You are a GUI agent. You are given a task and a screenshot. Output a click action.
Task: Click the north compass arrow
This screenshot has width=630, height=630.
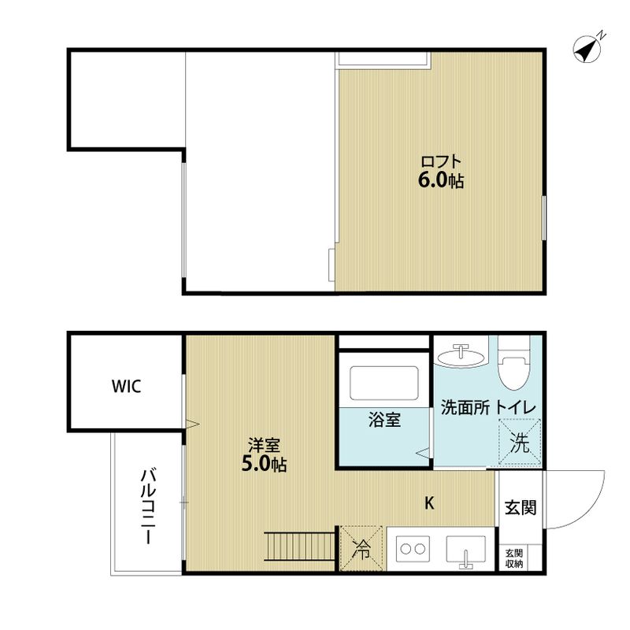tap(587, 49)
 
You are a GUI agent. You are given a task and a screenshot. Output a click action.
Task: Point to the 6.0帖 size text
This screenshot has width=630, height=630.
tap(440, 181)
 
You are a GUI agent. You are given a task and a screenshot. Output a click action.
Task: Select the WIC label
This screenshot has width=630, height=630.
tap(126, 387)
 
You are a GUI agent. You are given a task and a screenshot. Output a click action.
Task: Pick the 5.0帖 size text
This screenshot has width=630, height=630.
tap(263, 465)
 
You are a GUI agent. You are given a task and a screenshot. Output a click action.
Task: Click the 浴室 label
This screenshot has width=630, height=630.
tap(385, 420)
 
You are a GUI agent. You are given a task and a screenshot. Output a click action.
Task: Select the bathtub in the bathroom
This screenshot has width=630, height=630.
tap(384, 381)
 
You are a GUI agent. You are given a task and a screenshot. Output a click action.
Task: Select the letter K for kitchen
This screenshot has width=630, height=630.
tap(430, 503)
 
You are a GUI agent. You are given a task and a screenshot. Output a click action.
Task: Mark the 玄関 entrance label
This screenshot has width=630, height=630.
tap(521, 508)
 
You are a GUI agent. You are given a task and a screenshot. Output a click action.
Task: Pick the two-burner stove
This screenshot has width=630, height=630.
tap(411, 549)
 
